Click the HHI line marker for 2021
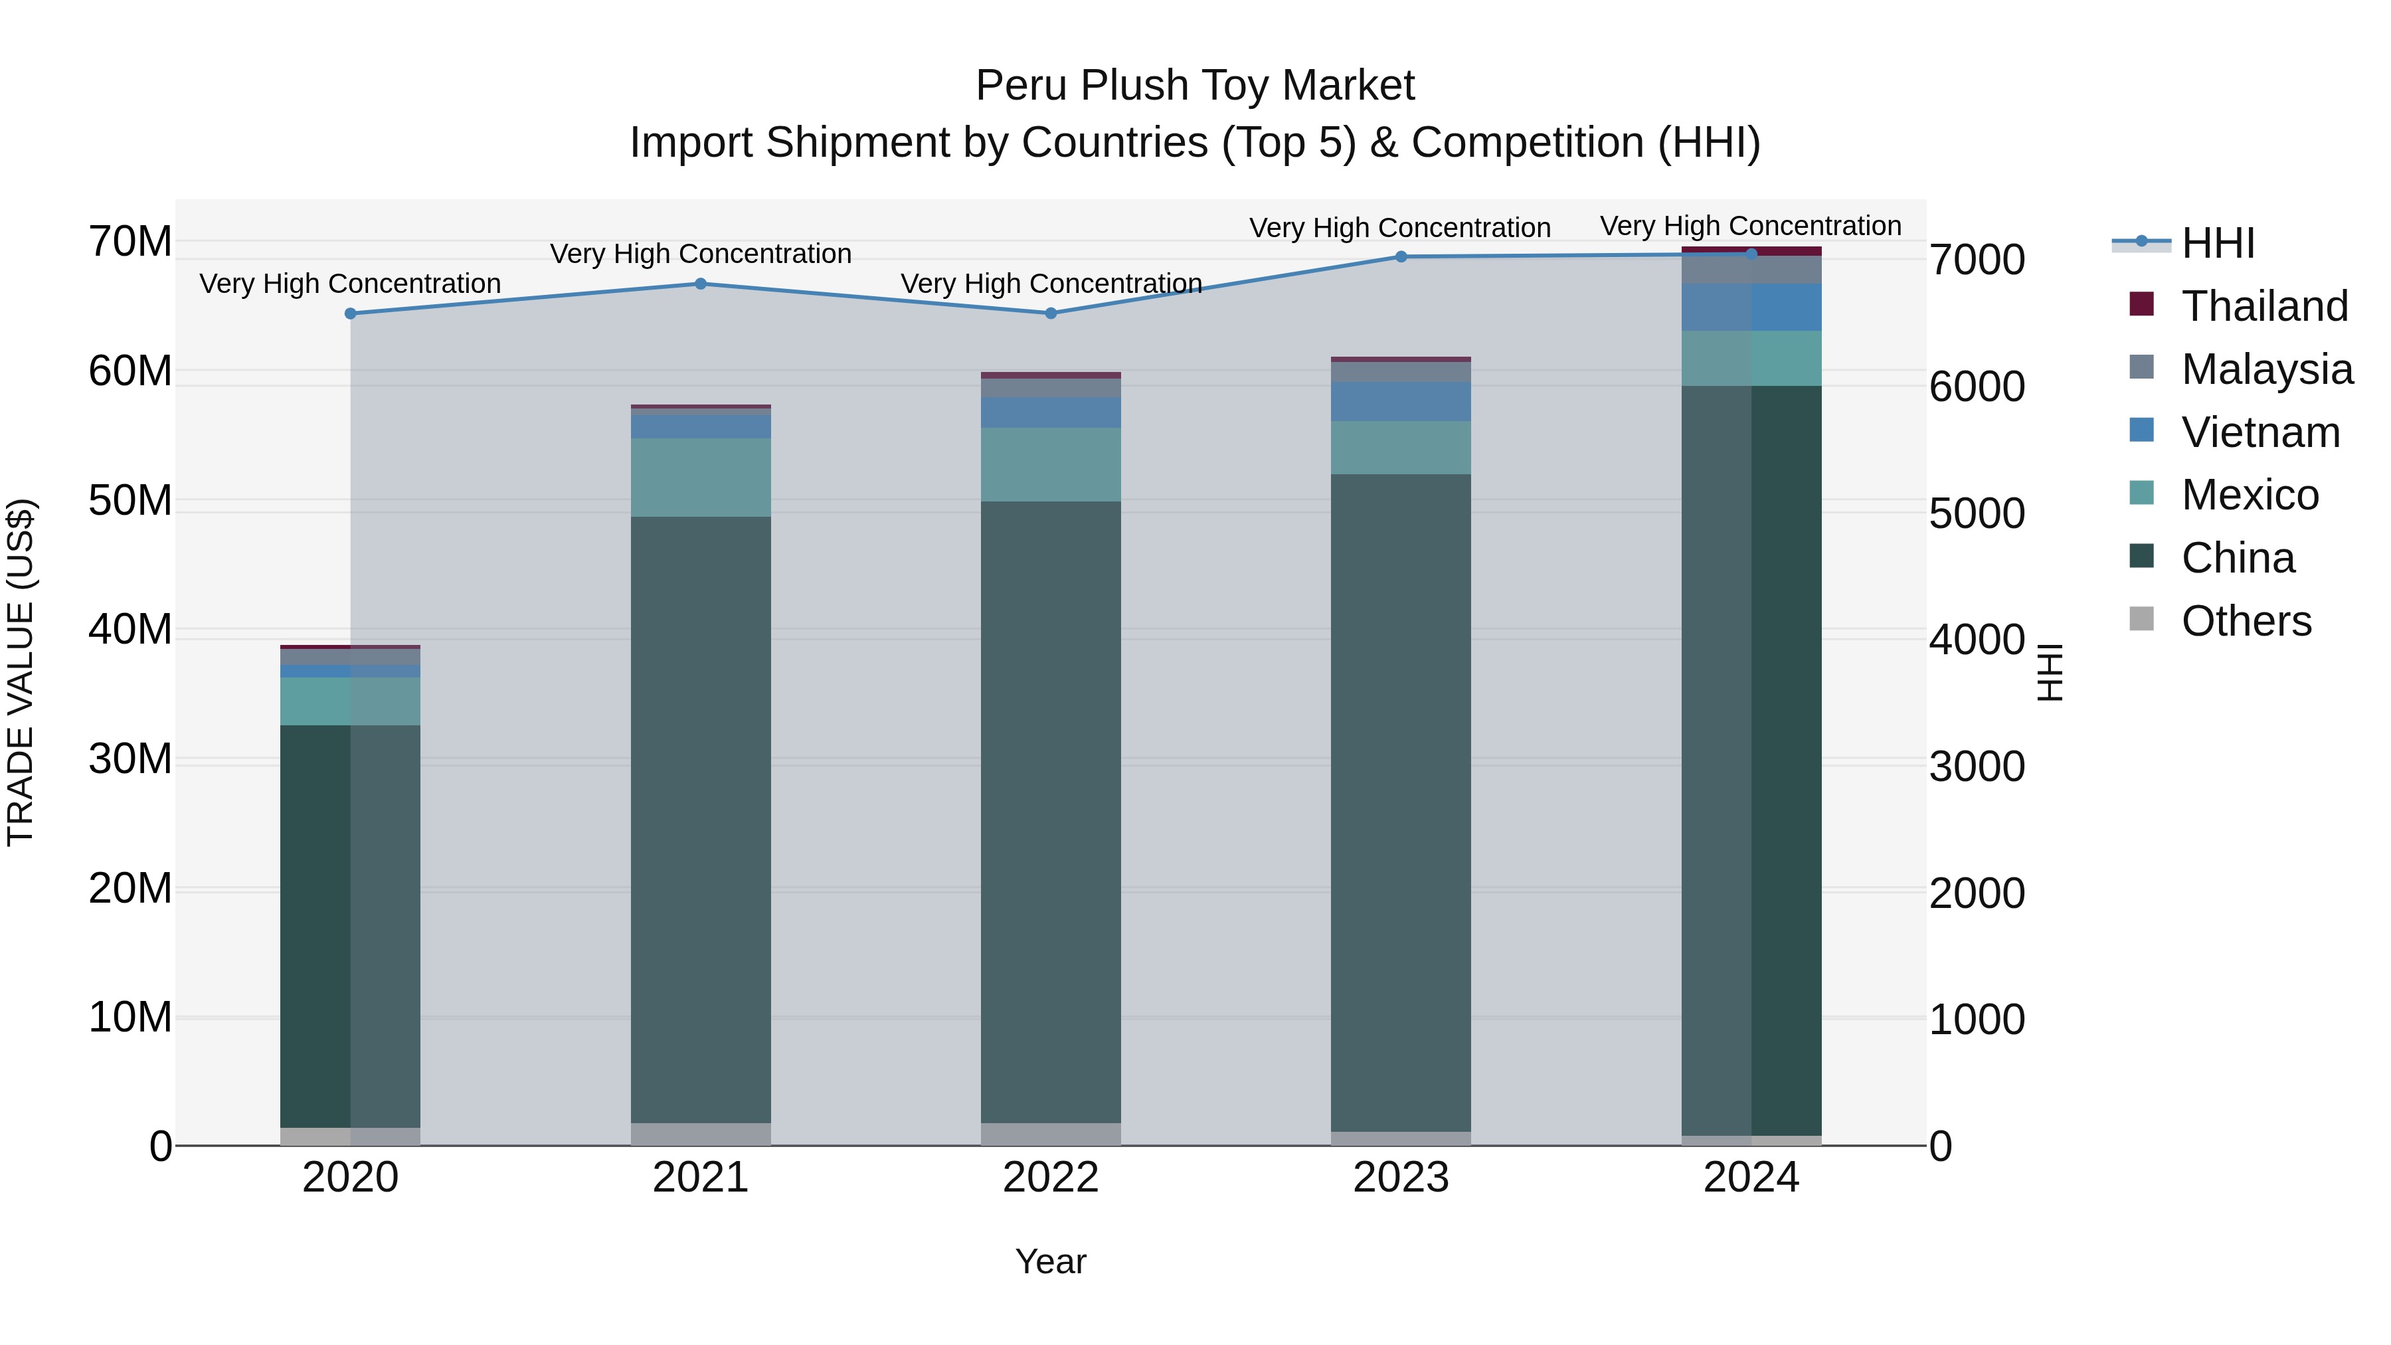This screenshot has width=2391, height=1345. [x=701, y=284]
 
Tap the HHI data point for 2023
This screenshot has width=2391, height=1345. [x=1401, y=257]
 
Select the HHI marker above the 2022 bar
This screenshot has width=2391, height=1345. [x=1051, y=314]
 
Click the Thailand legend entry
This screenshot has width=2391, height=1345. [x=2264, y=306]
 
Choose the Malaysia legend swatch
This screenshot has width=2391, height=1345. [x=2141, y=367]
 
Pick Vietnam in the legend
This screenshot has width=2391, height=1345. [x=2260, y=432]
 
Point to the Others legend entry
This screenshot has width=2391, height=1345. [x=2246, y=621]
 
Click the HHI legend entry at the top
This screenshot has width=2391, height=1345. [x=2218, y=243]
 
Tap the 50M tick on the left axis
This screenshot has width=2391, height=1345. [x=130, y=501]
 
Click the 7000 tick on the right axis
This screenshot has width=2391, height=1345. [x=1977, y=261]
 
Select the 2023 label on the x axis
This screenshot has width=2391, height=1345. [x=1401, y=1178]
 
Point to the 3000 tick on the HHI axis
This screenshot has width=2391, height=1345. [x=1977, y=768]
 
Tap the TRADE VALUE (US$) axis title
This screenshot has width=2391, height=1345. [x=21, y=672]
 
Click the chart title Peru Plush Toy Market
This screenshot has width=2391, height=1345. [x=1195, y=86]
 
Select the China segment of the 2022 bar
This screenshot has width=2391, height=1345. [x=1051, y=812]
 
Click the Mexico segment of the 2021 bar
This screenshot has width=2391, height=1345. [x=701, y=477]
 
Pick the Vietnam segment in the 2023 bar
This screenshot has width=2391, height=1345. [x=1401, y=402]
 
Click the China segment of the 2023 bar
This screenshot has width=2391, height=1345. [x=1401, y=803]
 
